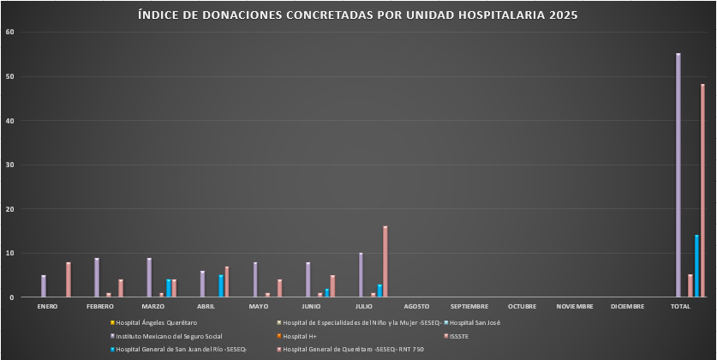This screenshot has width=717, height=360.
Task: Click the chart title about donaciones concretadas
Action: coord(358,15)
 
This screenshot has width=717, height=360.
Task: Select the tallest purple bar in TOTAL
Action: coord(678,176)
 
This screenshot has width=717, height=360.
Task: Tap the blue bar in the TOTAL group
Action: coord(696,267)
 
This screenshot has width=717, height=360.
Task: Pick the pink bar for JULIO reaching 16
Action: coord(385,262)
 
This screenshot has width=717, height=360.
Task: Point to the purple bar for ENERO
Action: coord(44,286)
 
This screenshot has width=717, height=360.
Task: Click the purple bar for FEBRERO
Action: coord(97,278)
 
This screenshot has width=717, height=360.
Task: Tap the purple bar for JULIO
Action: coord(361,275)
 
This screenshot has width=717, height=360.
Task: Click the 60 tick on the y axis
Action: coord(10,33)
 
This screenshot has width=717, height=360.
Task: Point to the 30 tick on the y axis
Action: coord(10,165)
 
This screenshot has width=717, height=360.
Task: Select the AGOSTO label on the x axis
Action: coord(416,306)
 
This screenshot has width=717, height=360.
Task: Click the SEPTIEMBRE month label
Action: coord(469,306)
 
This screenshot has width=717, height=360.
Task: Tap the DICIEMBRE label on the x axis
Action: coord(628,306)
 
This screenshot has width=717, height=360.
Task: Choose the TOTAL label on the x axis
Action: coord(681,306)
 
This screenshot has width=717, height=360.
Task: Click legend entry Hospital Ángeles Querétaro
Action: coord(156,322)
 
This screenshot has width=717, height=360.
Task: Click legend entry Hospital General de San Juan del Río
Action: coord(181,349)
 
